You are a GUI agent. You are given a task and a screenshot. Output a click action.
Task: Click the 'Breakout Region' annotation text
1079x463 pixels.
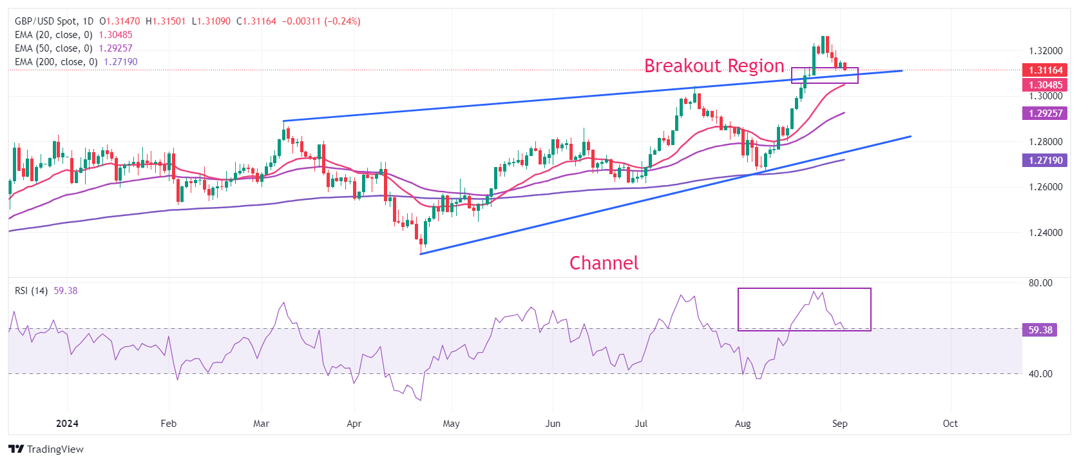tap(714, 66)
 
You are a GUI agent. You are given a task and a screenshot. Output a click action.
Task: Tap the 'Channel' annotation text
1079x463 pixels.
tap(604, 263)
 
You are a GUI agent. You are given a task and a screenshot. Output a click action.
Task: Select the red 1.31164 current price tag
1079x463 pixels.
tap(1045, 70)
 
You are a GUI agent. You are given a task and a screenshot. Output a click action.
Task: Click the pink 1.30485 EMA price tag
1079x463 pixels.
tap(1045, 85)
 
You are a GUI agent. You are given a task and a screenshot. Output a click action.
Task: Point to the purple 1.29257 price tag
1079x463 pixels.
tap(1045, 113)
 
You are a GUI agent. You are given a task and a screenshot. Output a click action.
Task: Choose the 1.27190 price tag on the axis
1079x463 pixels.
tap(1045, 161)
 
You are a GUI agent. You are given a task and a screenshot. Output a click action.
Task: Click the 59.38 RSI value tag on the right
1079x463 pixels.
tap(1040, 330)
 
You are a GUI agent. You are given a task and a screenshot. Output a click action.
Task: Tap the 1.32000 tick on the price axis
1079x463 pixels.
tap(1046, 51)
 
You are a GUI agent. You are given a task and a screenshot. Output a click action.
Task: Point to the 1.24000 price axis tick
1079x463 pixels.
tap(1046, 233)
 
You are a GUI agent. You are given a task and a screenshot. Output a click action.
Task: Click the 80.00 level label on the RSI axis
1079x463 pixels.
tap(1040, 283)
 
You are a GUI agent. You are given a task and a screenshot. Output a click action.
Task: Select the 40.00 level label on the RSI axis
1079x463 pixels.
tap(1040, 374)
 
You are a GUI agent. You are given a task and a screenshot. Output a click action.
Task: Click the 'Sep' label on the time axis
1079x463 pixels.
tap(839, 424)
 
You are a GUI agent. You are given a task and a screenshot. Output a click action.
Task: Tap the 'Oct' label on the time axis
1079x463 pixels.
tap(950, 424)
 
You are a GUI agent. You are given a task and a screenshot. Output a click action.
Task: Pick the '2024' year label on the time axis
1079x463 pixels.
tap(67, 424)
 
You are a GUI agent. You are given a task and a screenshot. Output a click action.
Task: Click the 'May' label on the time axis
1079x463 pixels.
tap(451, 424)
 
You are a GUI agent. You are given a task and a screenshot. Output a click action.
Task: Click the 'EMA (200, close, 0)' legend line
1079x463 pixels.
tap(56, 62)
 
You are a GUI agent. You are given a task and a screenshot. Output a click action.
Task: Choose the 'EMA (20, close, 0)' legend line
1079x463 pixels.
tap(53, 35)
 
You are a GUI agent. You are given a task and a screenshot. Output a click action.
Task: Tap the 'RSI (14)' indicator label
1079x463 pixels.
tap(31, 291)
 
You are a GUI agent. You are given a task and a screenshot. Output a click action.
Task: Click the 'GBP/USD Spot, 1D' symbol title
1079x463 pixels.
tap(54, 21)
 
